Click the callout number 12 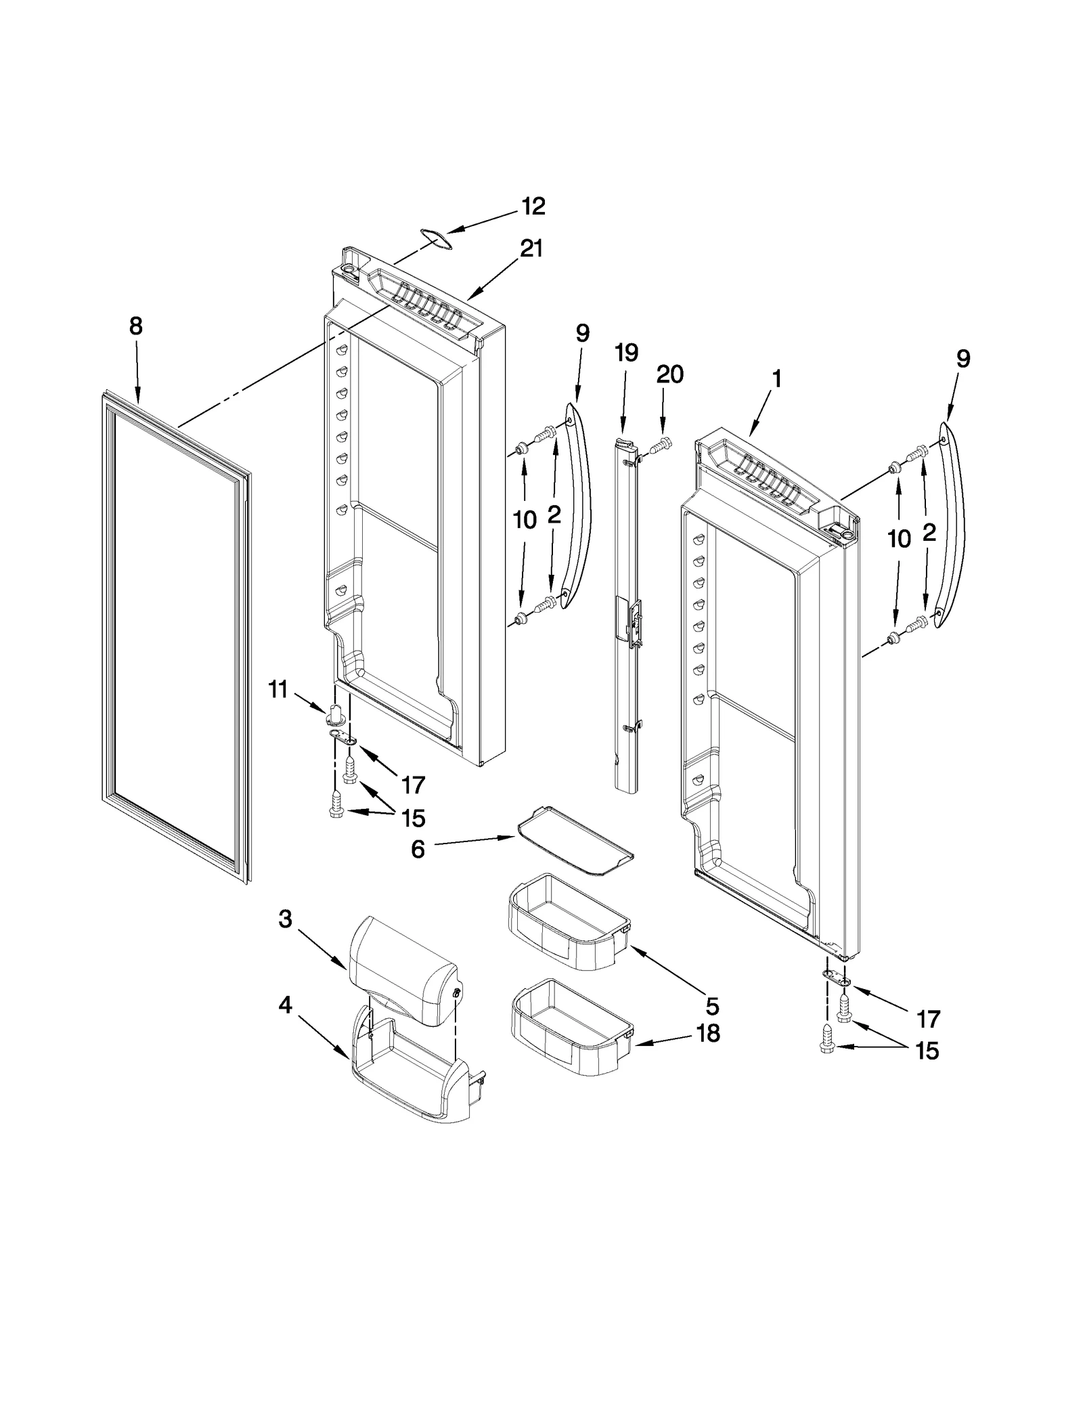pyautogui.click(x=533, y=206)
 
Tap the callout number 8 pyautogui.click(x=135, y=326)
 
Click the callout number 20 pyautogui.click(x=669, y=374)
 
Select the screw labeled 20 pyautogui.click(x=661, y=445)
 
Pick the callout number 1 pyautogui.click(x=776, y=378)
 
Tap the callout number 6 pyautogui.click(x=418, y=849)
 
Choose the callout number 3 pyautogui.click(x=285, y=919)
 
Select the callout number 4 pyautogui.click(x=285, y=1005)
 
